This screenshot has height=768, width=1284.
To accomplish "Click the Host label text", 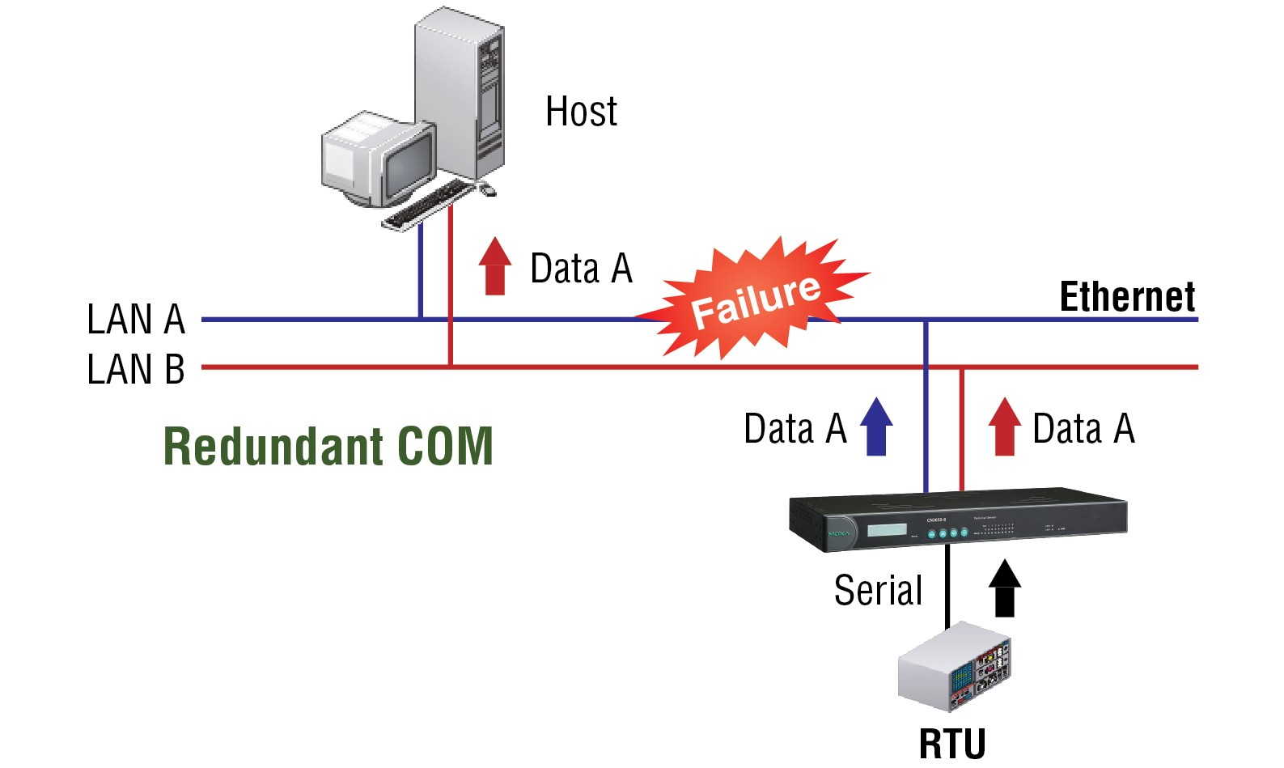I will (581, 112).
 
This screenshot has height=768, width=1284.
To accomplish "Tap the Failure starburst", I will (756, 299).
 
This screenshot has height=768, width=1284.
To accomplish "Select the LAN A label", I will (136, 319).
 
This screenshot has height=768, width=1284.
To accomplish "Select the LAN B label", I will (136, 369).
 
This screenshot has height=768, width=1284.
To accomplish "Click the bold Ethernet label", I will (1127, 297).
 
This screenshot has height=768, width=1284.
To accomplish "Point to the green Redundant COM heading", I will (328, 446).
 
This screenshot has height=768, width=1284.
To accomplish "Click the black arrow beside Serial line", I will (1005, 588).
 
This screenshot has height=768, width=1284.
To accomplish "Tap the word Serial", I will (878, 590).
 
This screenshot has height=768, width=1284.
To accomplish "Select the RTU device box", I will (955, 668).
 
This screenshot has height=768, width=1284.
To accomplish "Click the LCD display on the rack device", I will (887, 530).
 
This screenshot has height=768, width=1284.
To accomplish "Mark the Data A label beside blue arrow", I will (795, 428).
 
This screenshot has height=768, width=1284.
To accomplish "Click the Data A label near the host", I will (581, 269).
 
